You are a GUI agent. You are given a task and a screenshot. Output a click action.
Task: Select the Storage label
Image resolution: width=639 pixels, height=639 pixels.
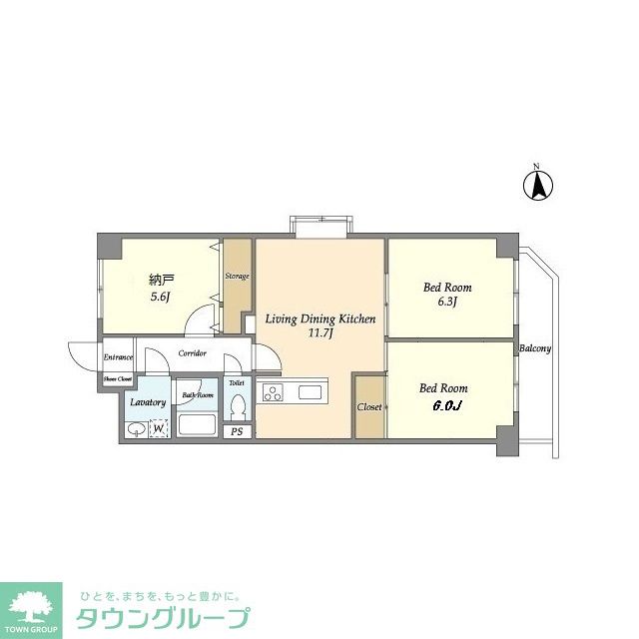click(x=237, y=276)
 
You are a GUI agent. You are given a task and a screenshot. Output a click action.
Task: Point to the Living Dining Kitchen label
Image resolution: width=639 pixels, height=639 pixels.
click(x=319, y=319)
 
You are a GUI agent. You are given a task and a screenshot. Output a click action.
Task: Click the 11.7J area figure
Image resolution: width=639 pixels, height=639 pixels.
click(x=319, y=334)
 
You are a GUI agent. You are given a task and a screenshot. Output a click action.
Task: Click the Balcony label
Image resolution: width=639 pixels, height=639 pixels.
click(x=535, y=348)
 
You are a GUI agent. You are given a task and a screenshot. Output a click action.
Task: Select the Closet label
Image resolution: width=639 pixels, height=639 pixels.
click(x=369, y=407)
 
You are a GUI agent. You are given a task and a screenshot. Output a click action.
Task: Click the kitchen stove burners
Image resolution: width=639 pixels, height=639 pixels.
click(x=273, y=392)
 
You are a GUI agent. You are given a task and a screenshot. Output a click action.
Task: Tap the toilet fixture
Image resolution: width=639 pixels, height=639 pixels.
click(x=238, y=407)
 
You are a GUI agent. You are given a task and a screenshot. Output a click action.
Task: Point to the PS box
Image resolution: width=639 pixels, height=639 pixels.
click(x=238, y=431)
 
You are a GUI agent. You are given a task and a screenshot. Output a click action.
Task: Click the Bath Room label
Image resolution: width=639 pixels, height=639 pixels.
click(x=198, y=395)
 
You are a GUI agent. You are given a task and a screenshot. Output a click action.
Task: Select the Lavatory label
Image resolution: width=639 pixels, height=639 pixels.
click(x=148, y=402)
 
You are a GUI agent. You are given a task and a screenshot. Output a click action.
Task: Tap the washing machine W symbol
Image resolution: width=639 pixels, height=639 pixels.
click(x=158, y=429)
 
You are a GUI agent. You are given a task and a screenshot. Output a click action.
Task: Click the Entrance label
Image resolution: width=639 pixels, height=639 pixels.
click(x=119, y=357)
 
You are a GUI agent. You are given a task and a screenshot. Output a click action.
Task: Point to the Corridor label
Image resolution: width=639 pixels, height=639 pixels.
click(x=193, y=353)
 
